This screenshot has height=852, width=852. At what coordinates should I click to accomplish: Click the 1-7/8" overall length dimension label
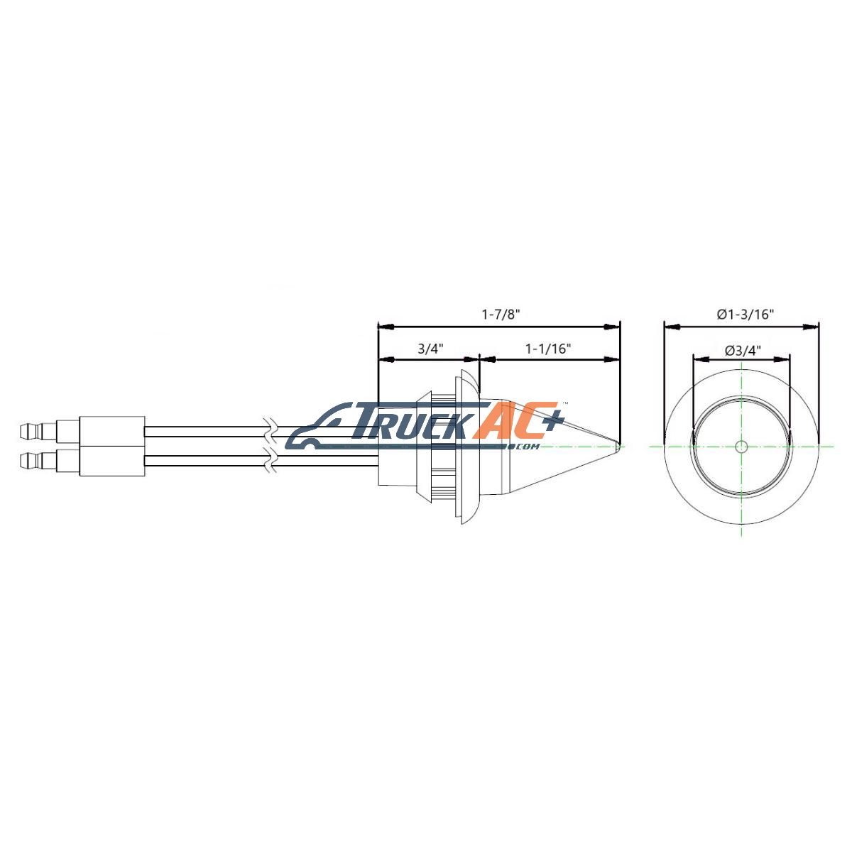500,315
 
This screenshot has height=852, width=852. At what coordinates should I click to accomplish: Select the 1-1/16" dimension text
548,349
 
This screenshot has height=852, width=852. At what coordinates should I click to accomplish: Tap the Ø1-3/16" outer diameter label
745,315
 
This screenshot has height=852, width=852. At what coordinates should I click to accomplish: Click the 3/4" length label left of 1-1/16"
431,349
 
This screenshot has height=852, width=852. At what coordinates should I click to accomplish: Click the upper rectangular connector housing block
112,431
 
